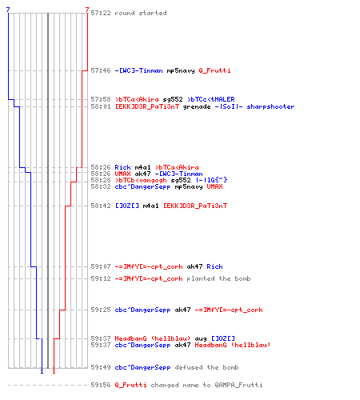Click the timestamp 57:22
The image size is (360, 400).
coord(101,13)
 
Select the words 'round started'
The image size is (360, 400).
coord(141,13)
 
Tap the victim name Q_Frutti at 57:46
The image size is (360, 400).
coord(214,70)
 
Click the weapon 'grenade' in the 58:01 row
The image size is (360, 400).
coord(197,106)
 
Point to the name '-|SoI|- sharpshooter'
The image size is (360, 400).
coord(254,106)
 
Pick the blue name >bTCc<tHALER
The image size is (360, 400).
coord(210,99)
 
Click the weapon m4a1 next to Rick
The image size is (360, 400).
coord(142,167)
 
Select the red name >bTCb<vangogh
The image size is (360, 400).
coord(141,180)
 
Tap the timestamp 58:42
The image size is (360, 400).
coord(101,206)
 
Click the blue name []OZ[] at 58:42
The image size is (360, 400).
coord(127,206)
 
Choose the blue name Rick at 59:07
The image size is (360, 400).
coord(214,266)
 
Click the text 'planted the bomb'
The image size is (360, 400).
coord(218,278)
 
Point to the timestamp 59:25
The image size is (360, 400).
coord(101,310)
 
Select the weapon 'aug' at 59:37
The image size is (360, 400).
coord(201,339)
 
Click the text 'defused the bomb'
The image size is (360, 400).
coord(206,367)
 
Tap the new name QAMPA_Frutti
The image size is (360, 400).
coord(238,385)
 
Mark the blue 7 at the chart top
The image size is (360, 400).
coord(8,10)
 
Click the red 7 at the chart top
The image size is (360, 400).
coord(87,10)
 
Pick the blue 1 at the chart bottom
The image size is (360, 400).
coord(42,371)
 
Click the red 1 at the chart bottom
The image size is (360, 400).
coord(54,371)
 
